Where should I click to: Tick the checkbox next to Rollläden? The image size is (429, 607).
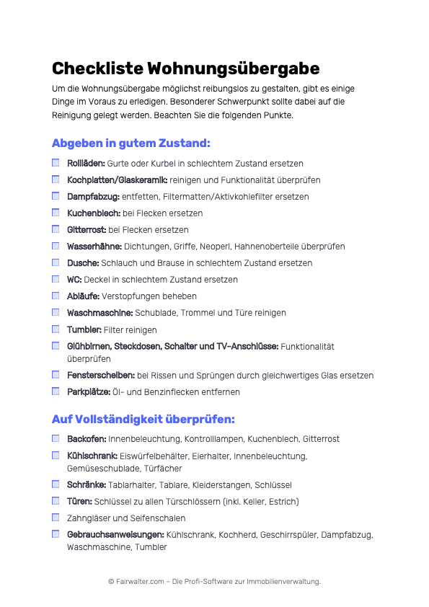pyautogui.click(x=56, y=163)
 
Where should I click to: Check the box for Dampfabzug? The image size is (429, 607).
pyautogui.click(x=56, y=196)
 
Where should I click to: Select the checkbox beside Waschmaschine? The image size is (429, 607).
pyautogui.click(x=56, y=312)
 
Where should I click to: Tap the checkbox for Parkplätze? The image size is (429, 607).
pyautogui.click(x=56, y=391)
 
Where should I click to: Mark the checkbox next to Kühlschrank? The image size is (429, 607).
pyautogui.click(x=56, y=456)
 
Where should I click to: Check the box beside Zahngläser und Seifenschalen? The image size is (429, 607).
pyautogui.click(x=56, y=518)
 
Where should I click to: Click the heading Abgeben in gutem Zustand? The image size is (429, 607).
pyautogui.click(x=131, y=143)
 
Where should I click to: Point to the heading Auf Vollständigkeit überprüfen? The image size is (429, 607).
pyautogui.click(x=143, y=419)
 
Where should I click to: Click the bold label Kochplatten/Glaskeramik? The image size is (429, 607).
pyautogui.click(x=117, y=180)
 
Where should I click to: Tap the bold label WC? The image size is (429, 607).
pyautogui.click(x=74, y=280)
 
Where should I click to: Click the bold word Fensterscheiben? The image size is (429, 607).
pyautogui.click(x=101, y=376)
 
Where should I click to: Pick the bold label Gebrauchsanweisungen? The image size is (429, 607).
pyautogui.click(x=115, y=535)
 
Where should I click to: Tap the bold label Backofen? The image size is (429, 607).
pyautogui.click(x=87, y=439)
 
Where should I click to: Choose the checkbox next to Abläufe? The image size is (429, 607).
pyautogui.click(x=56, y=296)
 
